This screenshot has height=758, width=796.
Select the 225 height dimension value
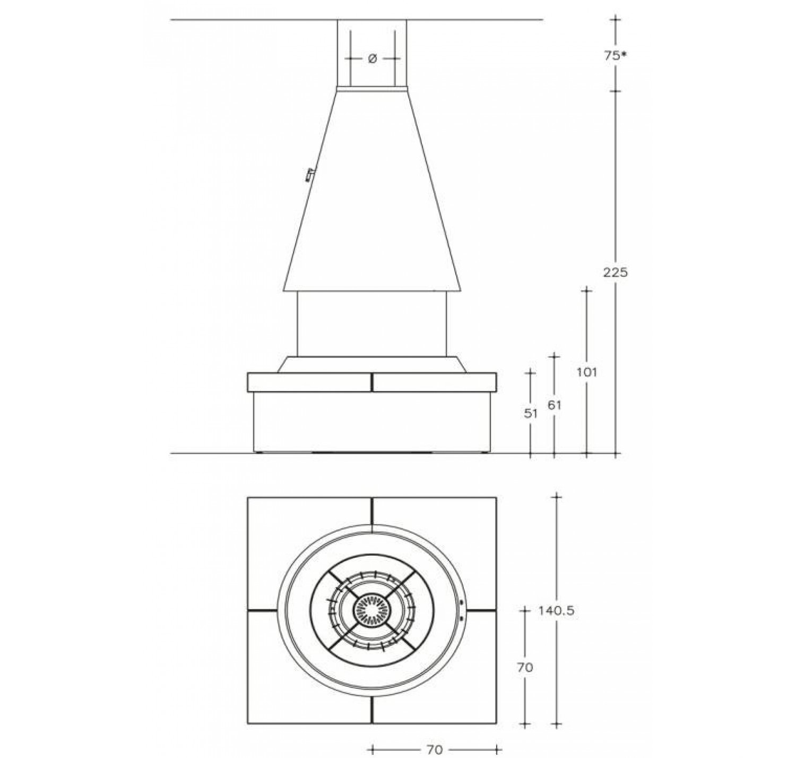[616, 273]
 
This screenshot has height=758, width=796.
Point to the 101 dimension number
[587, 372]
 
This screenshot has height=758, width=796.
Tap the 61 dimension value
[555, 405]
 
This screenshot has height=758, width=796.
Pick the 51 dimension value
[530, 413]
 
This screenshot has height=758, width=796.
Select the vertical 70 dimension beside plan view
[525, 667]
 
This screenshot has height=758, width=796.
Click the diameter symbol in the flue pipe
[373, 59]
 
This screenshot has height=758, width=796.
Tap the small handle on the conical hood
[310, 175]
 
